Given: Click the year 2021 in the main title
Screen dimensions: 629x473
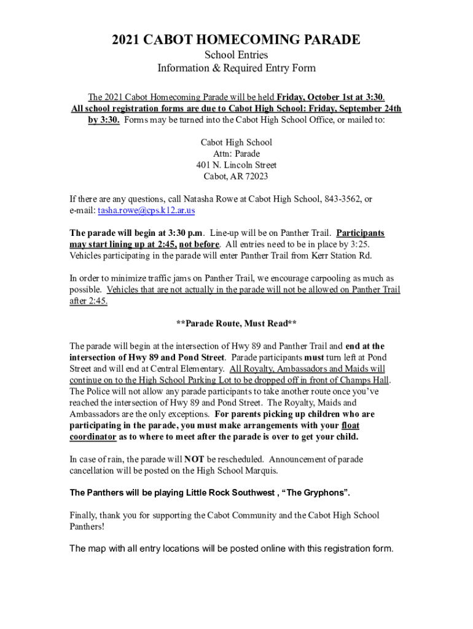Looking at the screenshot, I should [126, 41].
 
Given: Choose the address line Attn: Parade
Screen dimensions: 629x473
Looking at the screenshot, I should [237, 154].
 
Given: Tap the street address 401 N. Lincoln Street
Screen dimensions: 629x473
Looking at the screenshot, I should [237, 165].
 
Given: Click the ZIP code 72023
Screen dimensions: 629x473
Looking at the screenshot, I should [256, 176].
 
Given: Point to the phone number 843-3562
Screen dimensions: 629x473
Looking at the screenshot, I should [342, 199].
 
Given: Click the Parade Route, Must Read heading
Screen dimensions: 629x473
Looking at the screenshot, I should [237, 323].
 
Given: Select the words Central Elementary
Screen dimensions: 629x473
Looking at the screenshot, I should [191, 369].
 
